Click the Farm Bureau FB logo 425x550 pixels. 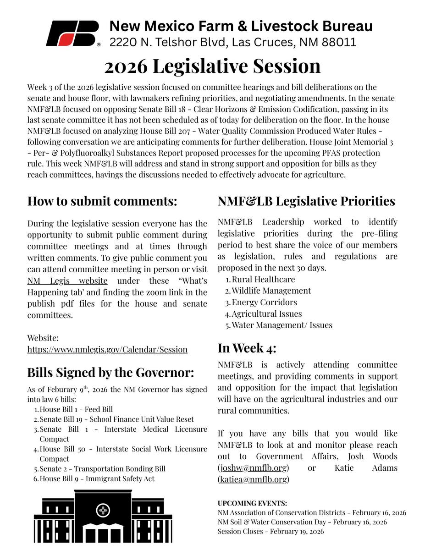point(72,33)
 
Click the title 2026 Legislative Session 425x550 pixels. point(212,66)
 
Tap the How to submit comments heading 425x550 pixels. point(102,201)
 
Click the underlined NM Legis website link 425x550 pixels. point(67,280)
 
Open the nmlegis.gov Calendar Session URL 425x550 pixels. point(107,349)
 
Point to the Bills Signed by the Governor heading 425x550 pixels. point(110,372)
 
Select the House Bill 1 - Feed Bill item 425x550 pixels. point(76,409)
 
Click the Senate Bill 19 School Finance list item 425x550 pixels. point(116,419)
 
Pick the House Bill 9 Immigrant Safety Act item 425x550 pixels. point(97,479)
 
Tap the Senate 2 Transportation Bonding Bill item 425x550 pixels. point(102,469)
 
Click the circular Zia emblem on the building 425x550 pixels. point(103,510)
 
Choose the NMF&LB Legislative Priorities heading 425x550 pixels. point(306,201)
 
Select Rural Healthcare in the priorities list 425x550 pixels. point(263,279)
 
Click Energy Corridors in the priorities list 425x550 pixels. point(264,302)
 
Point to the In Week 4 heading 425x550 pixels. point(247,348)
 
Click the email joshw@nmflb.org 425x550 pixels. point(254,468)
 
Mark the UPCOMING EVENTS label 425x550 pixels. point(252,503)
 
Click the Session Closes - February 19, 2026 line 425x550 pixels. point(270,532)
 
